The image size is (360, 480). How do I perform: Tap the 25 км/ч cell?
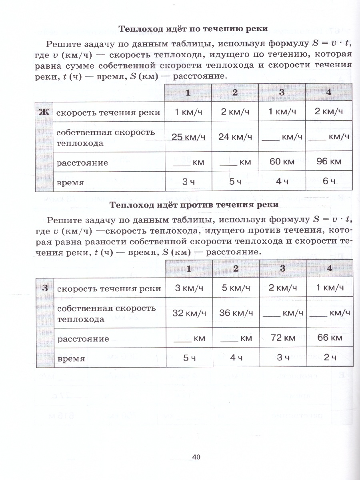[188, 137]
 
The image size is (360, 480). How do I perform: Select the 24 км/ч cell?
[235, 137]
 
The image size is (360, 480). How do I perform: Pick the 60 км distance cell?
[282, 162]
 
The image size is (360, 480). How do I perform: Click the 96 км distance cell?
[328, 162]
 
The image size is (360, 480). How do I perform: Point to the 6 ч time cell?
[328, 182]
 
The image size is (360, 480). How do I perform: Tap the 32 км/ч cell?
[189, 313]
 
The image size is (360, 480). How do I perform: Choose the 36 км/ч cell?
[236, 313]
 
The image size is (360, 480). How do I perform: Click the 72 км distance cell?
[282, 338]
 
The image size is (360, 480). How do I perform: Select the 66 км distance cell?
[329, 338]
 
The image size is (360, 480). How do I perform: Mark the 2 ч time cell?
[329, 358]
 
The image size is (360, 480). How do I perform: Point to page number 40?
[196, 457]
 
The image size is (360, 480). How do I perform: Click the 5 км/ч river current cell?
[236, 288]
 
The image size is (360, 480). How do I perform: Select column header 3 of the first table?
[282, 92]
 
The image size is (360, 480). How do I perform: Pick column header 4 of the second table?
[329, 268]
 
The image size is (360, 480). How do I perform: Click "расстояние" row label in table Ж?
[76, 163]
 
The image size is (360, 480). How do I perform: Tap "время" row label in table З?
[71, 359]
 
